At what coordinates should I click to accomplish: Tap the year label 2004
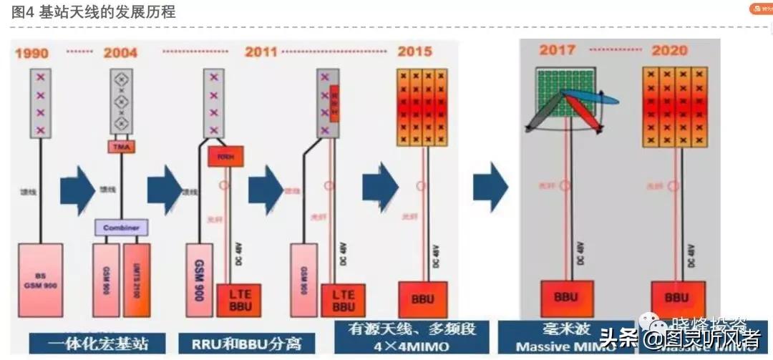click(120, 53)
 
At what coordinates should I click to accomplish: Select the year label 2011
click(261, 52)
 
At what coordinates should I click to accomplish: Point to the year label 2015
click(415, 52)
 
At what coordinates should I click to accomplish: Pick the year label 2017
click(558, 50)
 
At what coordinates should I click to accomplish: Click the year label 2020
click(669, 51)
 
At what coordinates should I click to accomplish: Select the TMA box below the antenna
click(120, 146)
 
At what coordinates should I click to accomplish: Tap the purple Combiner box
click(122, 228)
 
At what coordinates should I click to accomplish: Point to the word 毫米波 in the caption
click(558, 331)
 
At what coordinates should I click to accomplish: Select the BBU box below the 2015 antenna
click(422, 299)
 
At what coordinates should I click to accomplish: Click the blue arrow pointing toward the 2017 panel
click(490, 188)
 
